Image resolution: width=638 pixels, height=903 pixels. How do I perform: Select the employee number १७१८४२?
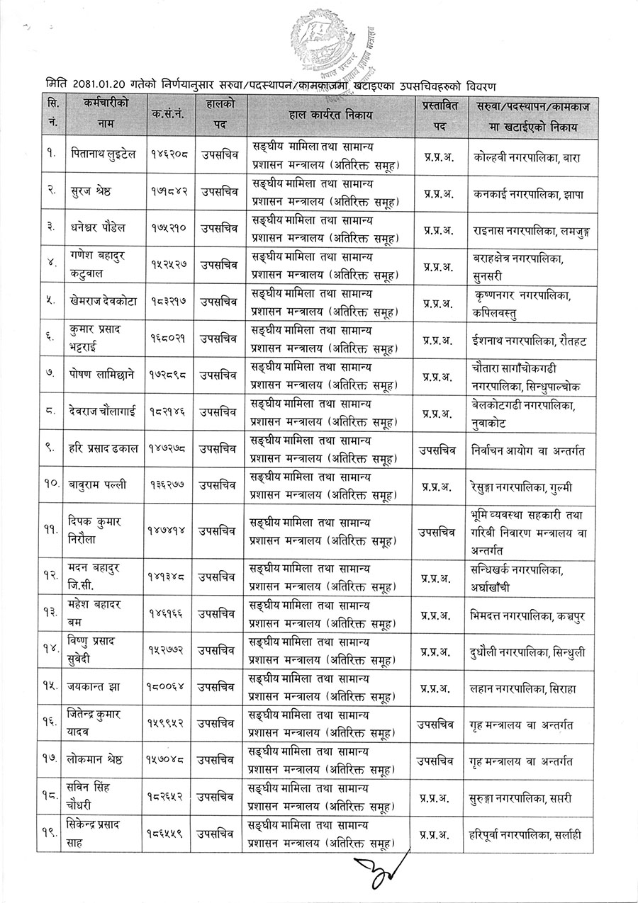pyautogui.click(x=167, y=192)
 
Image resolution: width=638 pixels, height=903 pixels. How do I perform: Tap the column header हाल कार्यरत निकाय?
pyautogui.click(x=330, y=114)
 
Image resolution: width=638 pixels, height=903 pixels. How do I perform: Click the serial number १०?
pyautogui.click(x=52, y=485)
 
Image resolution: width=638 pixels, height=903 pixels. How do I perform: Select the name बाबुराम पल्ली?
pyautogui.click(x=99, y=485)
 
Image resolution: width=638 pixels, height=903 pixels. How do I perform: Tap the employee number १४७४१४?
pyautogui.click(x=167, y=528)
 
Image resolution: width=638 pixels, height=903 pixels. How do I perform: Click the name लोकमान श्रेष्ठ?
pyautogui.click(x=103, y=761)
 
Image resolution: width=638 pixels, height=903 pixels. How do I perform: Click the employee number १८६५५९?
pyautogui.click(x=167, y=834)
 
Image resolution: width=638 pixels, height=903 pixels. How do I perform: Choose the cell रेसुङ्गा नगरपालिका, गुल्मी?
pyautogui.click(x=523, y=485)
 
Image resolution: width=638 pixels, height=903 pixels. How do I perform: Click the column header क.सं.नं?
pyautogui.click(x=167, y=114)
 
